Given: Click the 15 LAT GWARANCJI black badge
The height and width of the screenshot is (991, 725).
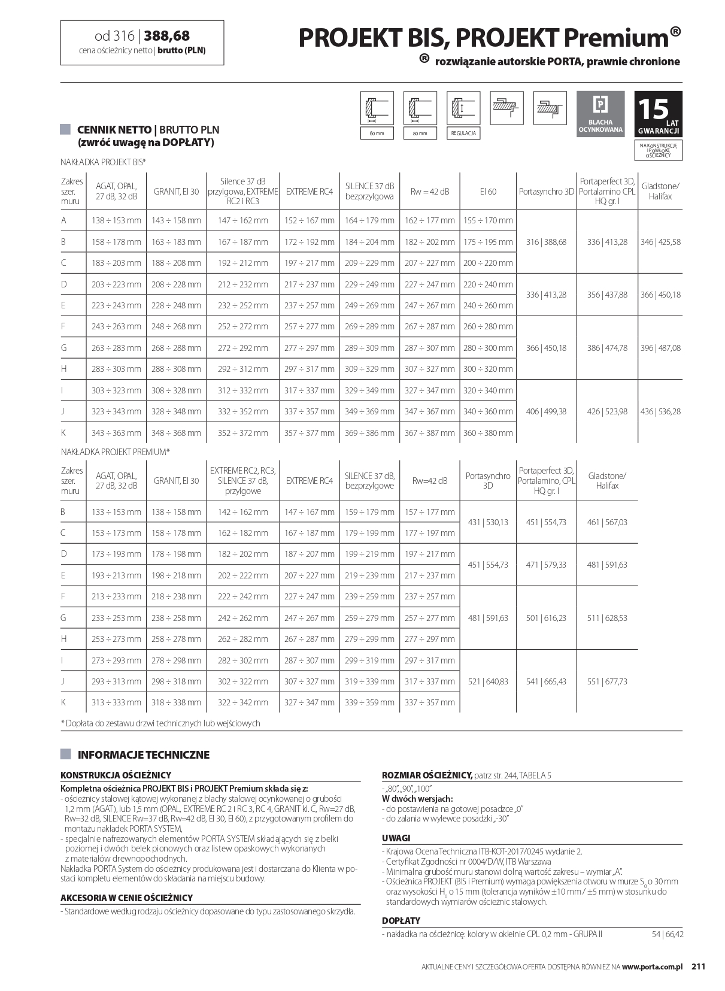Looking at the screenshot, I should [658, 114].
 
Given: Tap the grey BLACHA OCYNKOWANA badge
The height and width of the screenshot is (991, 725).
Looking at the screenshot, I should [600, 114].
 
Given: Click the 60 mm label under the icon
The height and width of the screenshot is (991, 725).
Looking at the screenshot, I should [377, 133].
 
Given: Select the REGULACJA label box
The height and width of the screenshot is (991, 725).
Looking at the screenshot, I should [463, 133].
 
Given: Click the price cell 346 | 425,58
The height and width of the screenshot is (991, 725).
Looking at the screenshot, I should [660, 242].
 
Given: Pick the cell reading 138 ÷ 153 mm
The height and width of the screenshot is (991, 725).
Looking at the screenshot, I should [116, 220].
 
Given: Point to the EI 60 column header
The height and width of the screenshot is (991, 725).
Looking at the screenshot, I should [488, 192].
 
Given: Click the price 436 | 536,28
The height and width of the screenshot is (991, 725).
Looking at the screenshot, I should [660, 411].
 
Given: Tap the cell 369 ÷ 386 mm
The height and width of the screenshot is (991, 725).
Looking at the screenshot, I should [369, 433].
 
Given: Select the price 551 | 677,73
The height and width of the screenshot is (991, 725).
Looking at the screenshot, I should [607, 681].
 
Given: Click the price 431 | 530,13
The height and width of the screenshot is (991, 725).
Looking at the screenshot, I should [488, 522].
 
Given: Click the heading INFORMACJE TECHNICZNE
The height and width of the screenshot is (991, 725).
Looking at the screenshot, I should [143, 754].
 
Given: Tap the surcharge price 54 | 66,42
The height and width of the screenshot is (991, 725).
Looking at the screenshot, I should [667, 934].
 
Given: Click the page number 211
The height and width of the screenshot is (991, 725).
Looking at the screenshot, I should [699, 966].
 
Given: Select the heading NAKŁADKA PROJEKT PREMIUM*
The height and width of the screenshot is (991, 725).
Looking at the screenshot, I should [116, 451].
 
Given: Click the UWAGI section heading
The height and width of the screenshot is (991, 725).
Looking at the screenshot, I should [396, 838].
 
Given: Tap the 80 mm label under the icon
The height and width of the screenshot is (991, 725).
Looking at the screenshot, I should [420, 133].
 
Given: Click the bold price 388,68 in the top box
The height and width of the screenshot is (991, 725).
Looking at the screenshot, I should [167, 37].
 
